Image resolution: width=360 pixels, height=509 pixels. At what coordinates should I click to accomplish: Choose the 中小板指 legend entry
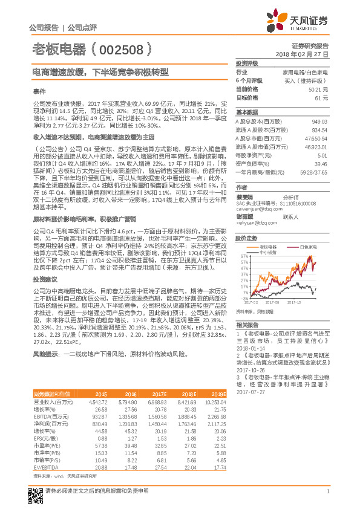tap(269, 253)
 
